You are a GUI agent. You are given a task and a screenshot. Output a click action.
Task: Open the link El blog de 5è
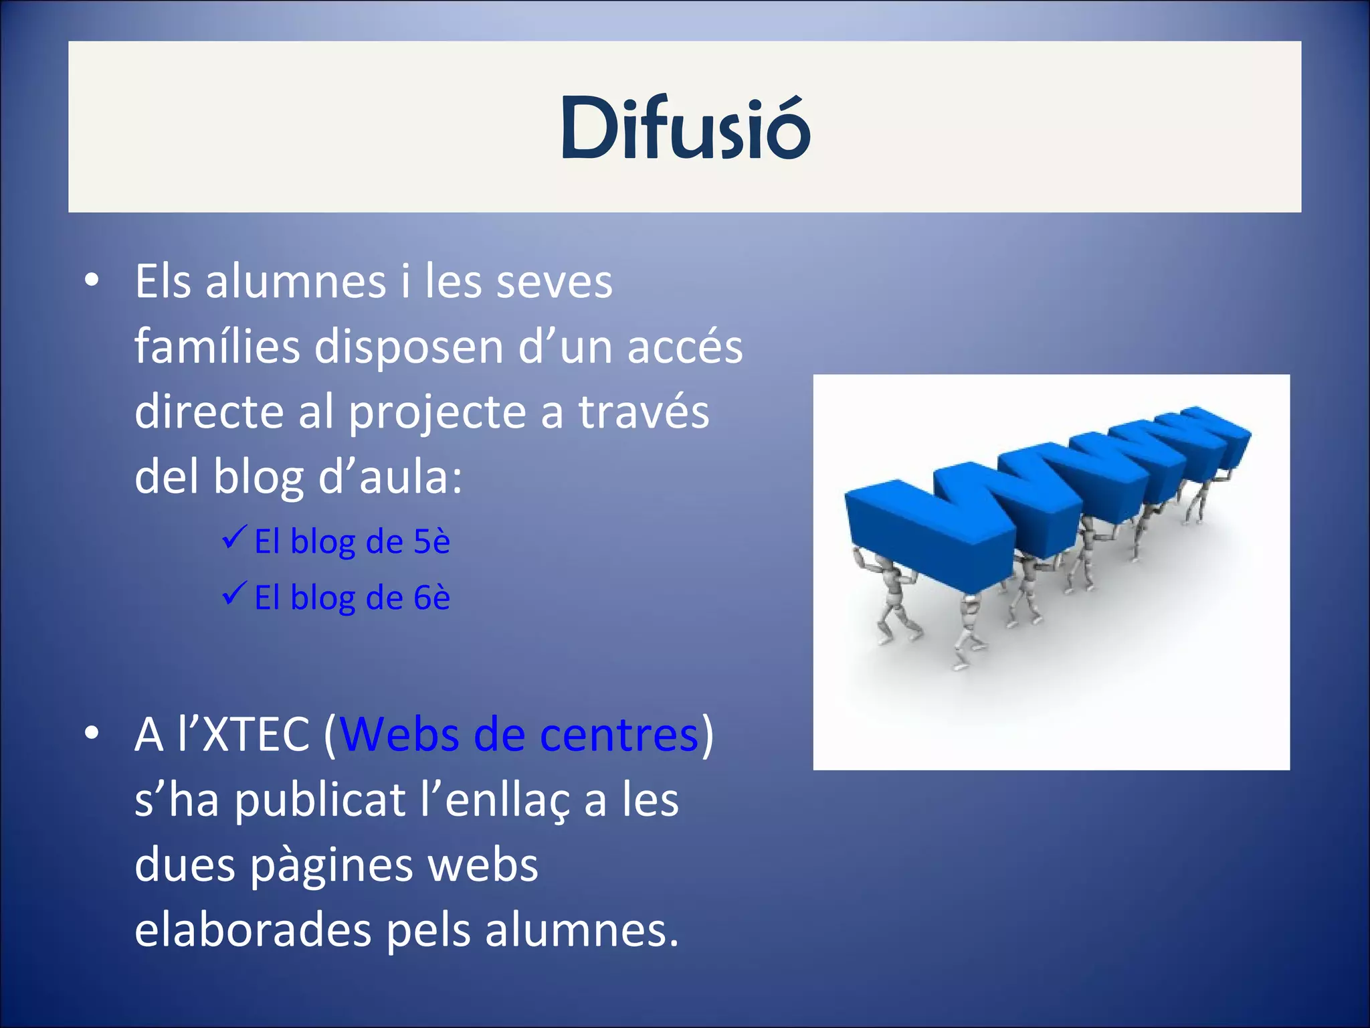point(352,541)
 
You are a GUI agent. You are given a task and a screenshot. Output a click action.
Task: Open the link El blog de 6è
point(352,597)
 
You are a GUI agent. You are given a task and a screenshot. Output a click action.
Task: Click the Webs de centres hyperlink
point(520,735)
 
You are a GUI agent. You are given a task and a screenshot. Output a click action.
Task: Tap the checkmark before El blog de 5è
point(235,537)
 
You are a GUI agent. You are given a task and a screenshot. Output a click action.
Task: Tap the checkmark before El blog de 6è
point(235,593)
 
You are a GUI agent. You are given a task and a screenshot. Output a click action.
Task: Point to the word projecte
point(437,412)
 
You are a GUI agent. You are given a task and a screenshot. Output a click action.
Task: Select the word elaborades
point(253,930)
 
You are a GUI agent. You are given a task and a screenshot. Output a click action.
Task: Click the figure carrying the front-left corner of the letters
point(893,596)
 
